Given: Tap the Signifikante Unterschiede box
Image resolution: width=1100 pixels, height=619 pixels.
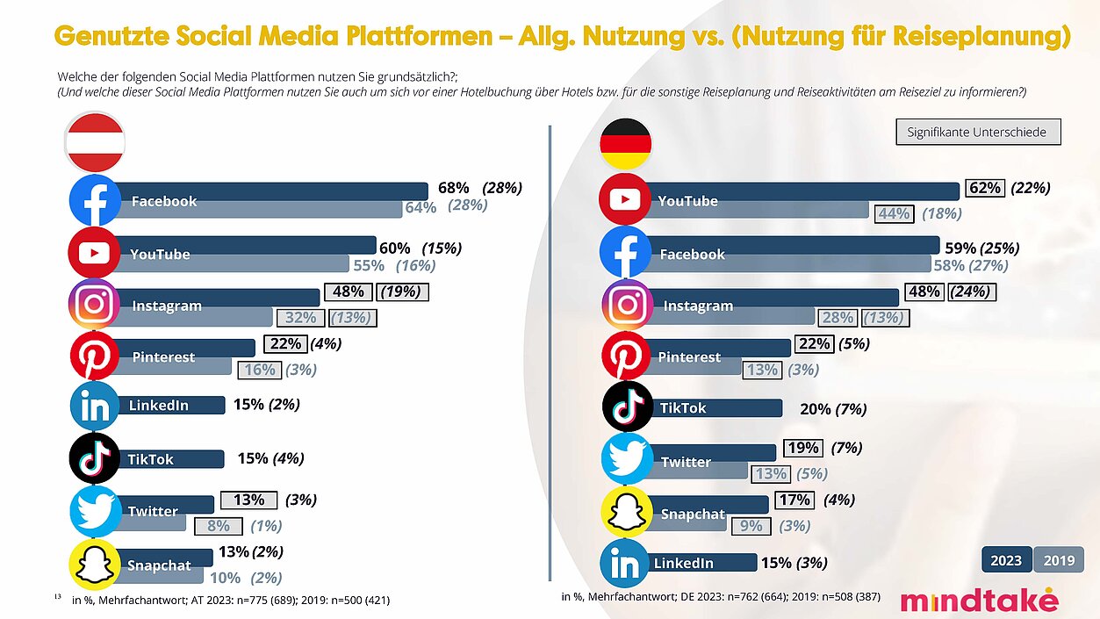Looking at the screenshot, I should [x=978, y=133].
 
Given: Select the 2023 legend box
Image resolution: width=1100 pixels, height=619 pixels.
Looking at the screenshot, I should [x=1005, y=561].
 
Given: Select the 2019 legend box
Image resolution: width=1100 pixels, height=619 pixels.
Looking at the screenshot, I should [x=1059, y=561].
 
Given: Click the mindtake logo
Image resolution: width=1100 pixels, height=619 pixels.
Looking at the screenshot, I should [x=979, y=600].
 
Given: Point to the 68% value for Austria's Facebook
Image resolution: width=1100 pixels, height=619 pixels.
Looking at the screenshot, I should [x=453, y=188].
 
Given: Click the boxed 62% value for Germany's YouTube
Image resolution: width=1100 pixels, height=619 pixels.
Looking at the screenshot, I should [x=985, y=188].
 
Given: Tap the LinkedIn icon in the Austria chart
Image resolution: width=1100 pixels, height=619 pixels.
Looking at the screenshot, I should [x=95, y=405].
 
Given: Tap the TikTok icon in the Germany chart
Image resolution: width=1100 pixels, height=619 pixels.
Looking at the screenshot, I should [x=627, y=407].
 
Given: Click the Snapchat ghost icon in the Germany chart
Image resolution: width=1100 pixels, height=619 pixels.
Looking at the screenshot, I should [x=625, y=513].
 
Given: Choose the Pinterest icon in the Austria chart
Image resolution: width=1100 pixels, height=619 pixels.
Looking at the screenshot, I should [x=95, y=356].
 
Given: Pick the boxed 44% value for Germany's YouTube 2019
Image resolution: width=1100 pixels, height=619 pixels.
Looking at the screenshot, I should [x=892, y=212].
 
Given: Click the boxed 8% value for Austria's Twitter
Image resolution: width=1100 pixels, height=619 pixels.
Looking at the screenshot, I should [x=218, y=526].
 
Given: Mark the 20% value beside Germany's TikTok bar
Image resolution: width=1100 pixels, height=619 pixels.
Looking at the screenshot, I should [x=816, y=408].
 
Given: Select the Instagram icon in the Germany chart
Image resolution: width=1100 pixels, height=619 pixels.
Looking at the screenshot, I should [x=627, y=305].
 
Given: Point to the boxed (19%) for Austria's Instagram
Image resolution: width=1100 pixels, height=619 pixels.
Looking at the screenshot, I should [x=401, y=292].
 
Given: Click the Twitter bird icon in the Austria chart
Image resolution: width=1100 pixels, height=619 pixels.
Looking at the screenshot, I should [x=95, y=511].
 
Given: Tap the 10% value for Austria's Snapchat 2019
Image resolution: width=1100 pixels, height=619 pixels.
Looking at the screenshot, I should [x=225, y=577].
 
